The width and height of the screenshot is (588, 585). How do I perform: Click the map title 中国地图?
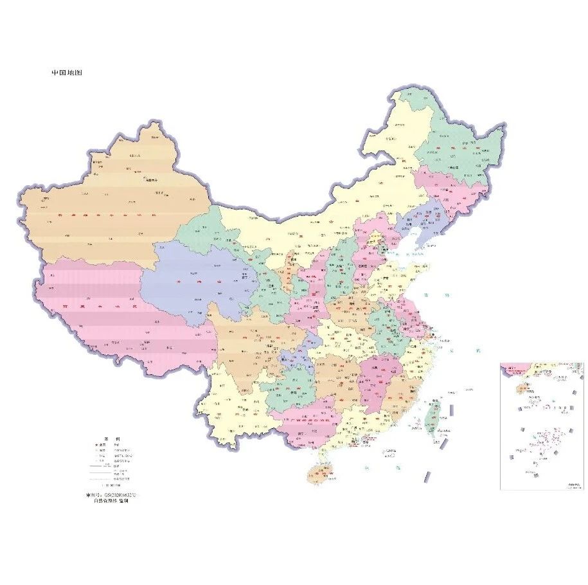tap(67, 73)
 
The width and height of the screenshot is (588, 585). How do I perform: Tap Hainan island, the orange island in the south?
tap(319, 473)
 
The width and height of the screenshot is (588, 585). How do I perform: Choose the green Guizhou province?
tap(286, 392)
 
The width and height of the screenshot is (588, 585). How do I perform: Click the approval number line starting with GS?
tap(111, 496)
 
